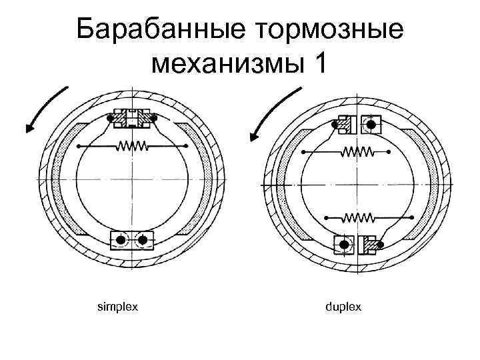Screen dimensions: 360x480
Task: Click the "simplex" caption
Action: point(117,307)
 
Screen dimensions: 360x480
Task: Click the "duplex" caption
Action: point(343,307)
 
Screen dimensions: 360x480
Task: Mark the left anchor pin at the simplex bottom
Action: point(121,239)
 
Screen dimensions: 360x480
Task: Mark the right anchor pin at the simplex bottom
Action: point(142,239)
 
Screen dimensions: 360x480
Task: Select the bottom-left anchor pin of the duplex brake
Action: point(344,245)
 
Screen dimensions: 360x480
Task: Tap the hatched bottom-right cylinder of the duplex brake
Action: point(369,245)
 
